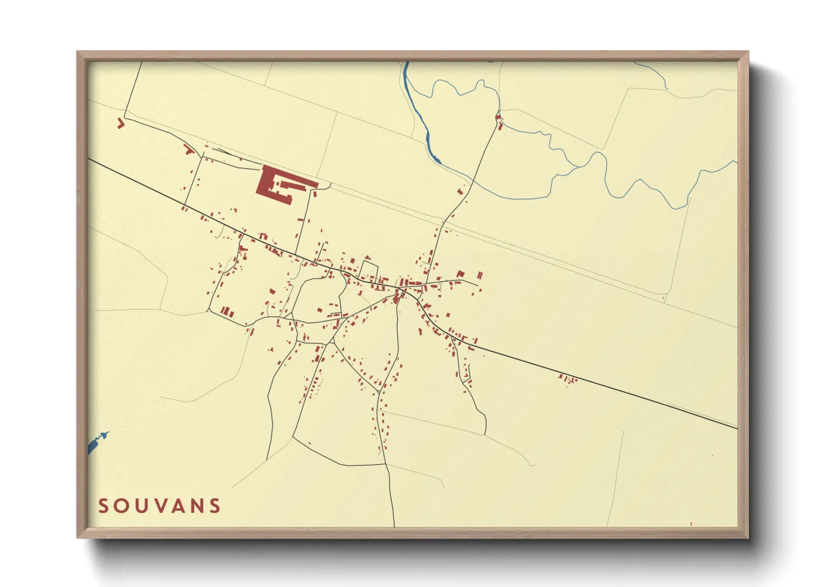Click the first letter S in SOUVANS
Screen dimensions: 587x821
point(103,506)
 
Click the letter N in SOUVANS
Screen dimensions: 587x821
point(197,506)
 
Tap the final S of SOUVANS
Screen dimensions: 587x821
point(215,506)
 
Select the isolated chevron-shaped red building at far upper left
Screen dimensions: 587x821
point(120,123)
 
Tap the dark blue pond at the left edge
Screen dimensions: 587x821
point(98,442)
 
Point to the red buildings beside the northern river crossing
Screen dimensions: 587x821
point(499,122)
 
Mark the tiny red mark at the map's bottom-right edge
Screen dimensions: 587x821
point(691,523)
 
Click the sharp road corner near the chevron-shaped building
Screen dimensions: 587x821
point(125,117)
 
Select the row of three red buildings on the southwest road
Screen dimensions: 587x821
point(227,312)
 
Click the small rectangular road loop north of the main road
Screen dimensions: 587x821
point(368,270)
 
